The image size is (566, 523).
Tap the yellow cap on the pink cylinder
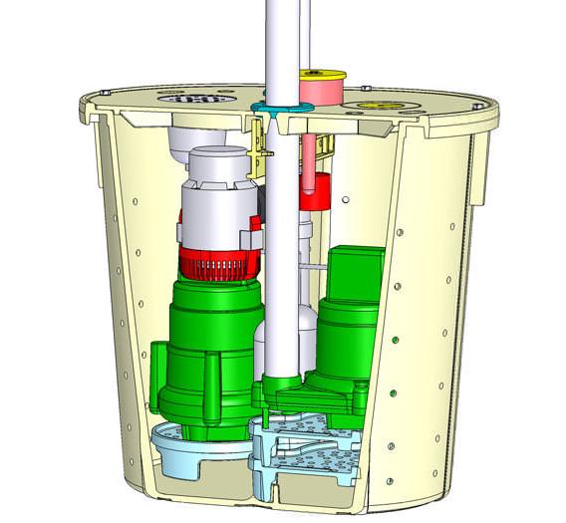pyautogui.click(x=322, y=73)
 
